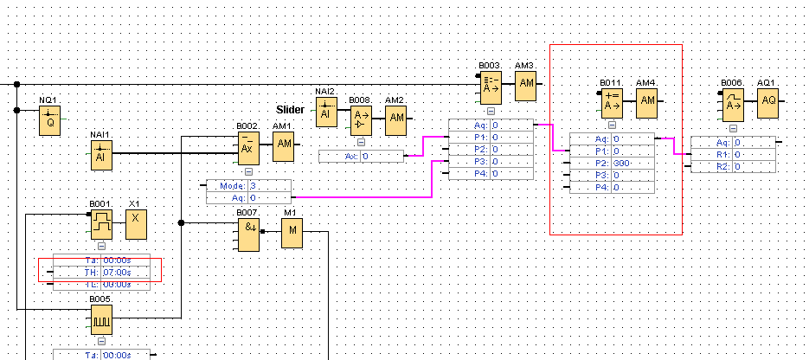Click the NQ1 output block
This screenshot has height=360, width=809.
point(51,122)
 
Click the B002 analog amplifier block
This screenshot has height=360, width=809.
point(248,149)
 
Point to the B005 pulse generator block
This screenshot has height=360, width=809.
point(102,320)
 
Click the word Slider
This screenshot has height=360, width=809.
point(290,110)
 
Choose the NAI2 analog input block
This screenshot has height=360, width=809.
point(326,113)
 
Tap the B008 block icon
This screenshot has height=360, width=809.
point(361,120)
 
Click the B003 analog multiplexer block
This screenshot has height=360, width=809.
point(491,87)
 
